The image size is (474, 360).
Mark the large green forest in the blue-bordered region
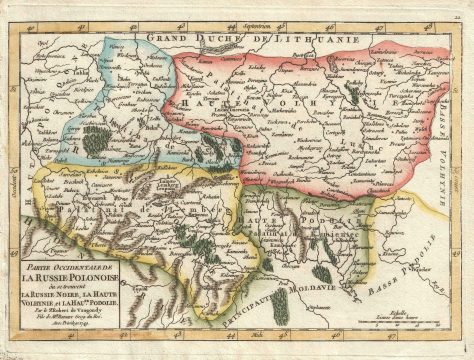94,141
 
